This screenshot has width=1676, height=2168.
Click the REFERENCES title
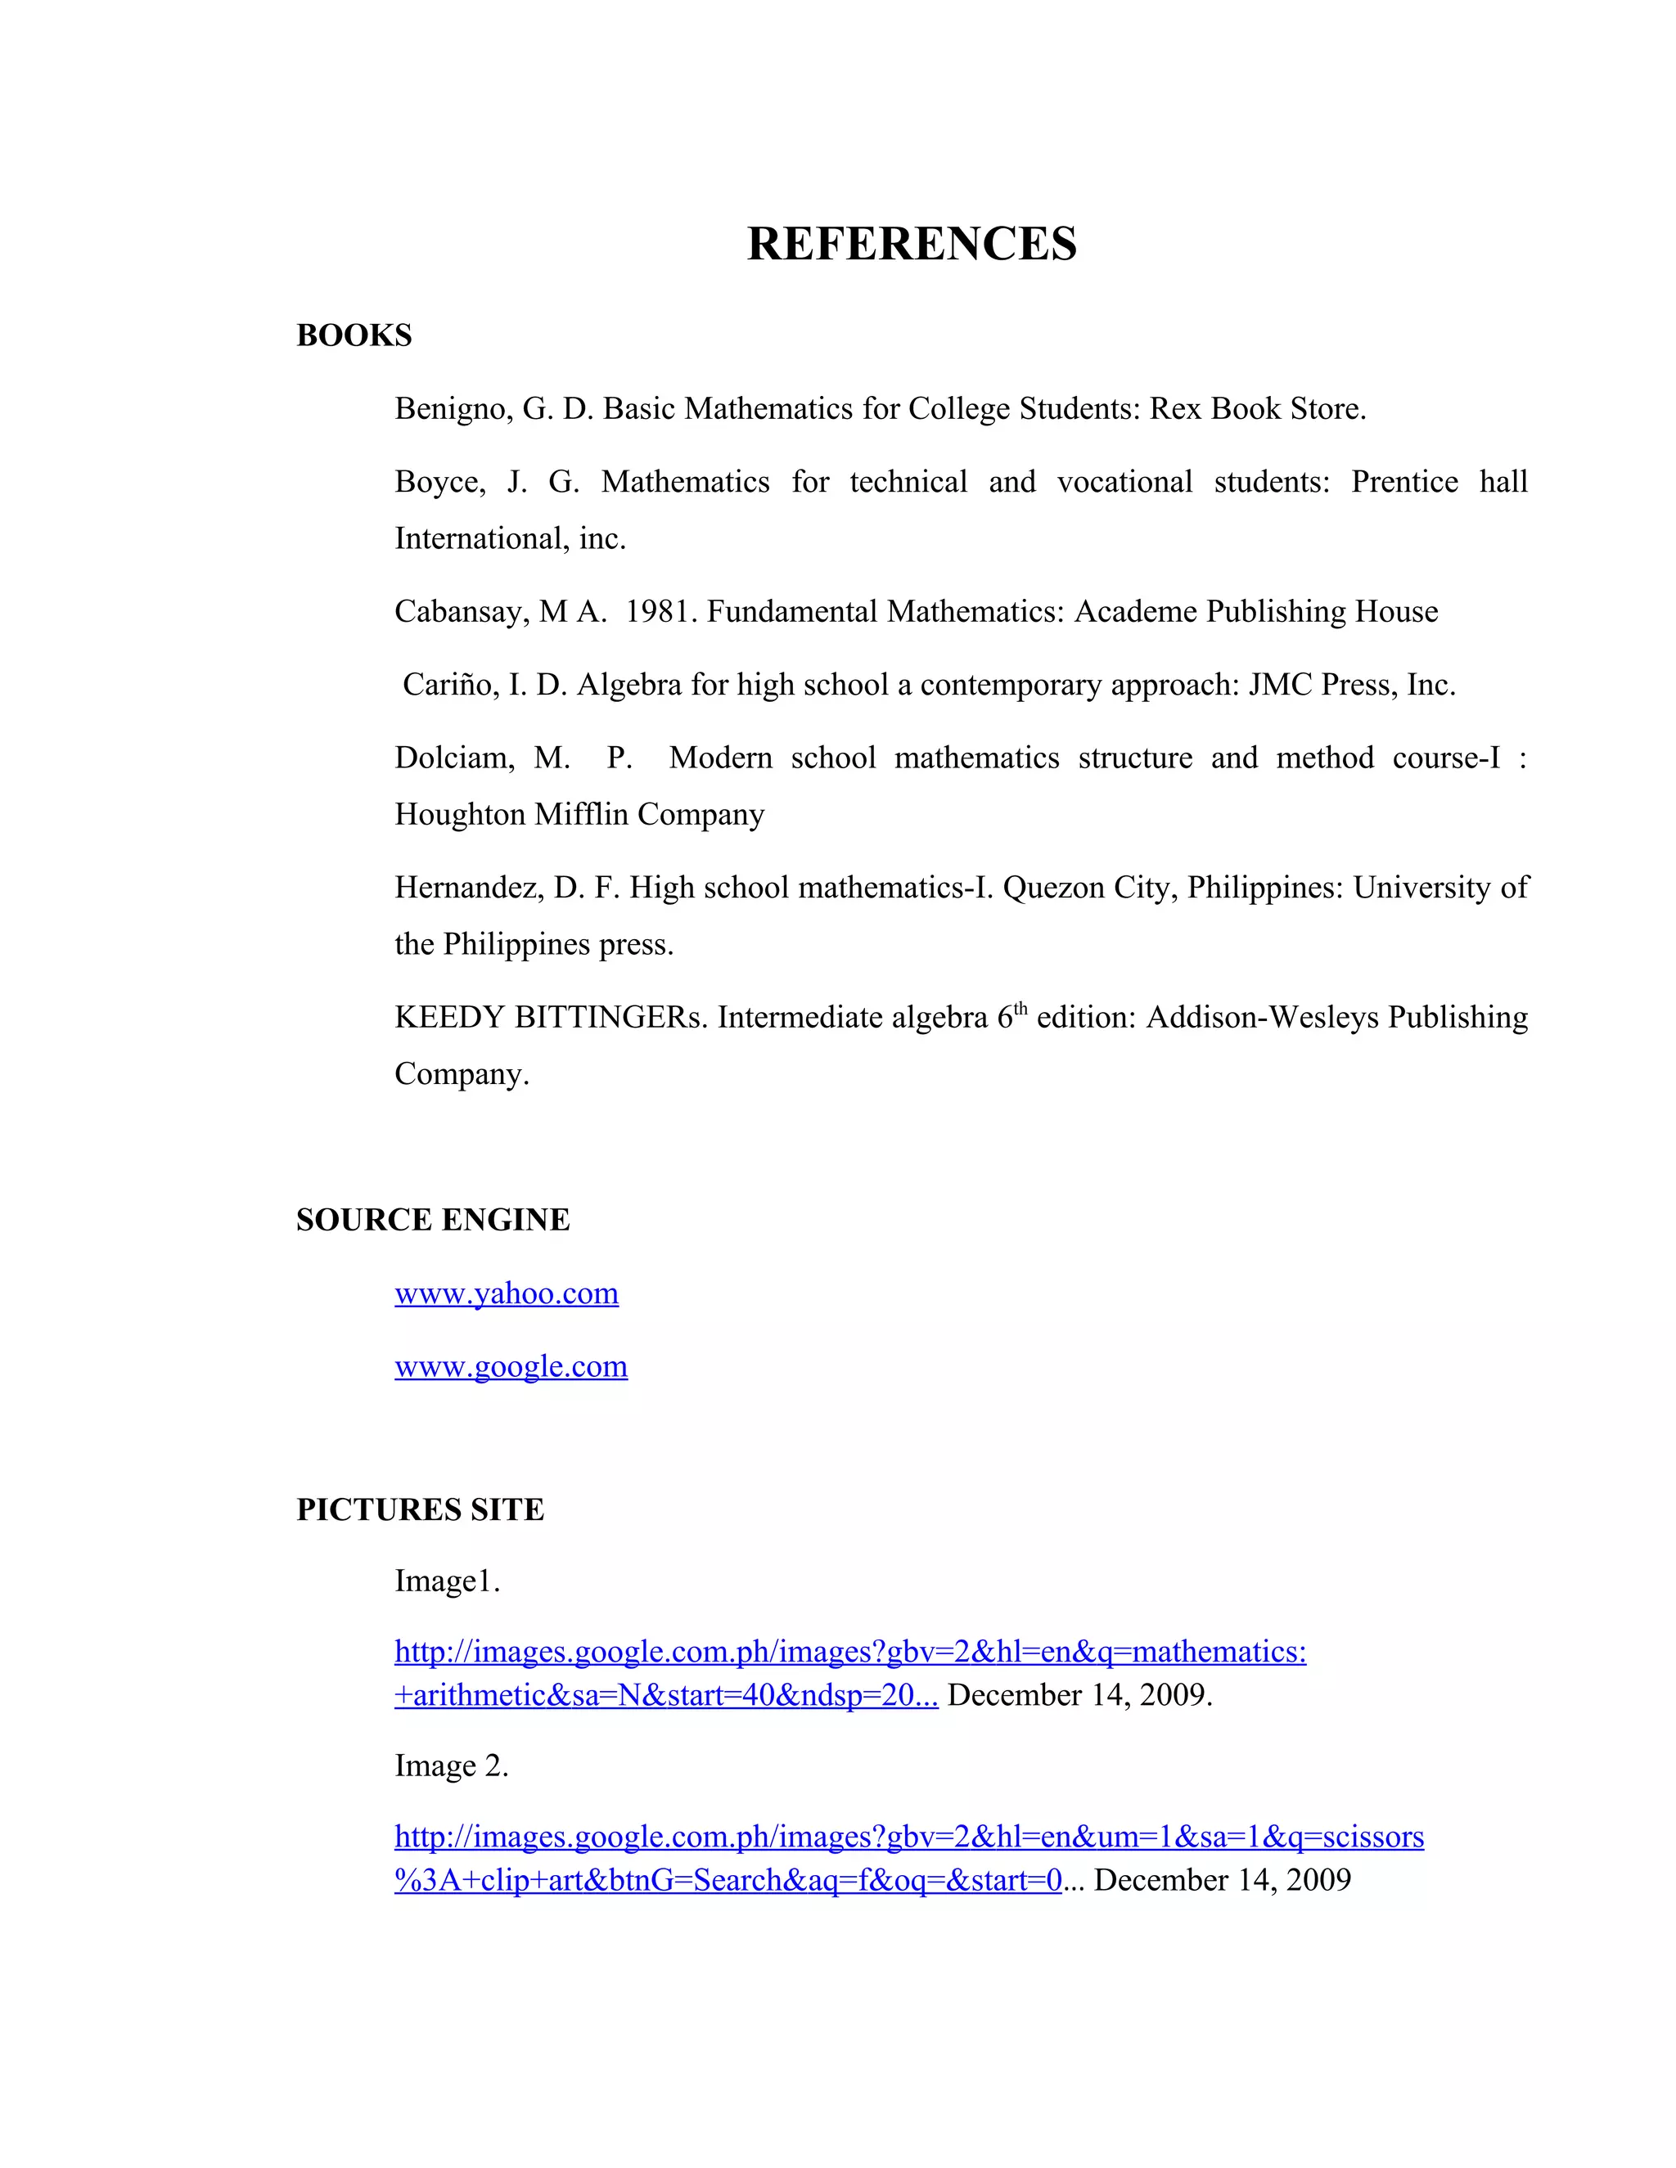911,244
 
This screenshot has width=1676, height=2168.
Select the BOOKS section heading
354,335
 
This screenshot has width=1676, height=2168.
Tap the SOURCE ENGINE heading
433,1220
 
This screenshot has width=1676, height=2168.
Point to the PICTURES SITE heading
420,1510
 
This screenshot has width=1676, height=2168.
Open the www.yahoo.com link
507,1293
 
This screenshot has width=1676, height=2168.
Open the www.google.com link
511,1367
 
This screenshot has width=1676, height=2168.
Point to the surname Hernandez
469,888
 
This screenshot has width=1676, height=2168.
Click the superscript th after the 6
1020,1009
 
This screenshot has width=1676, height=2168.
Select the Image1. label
447,1581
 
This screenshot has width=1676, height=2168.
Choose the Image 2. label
451,1766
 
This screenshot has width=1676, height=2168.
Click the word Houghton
461,815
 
